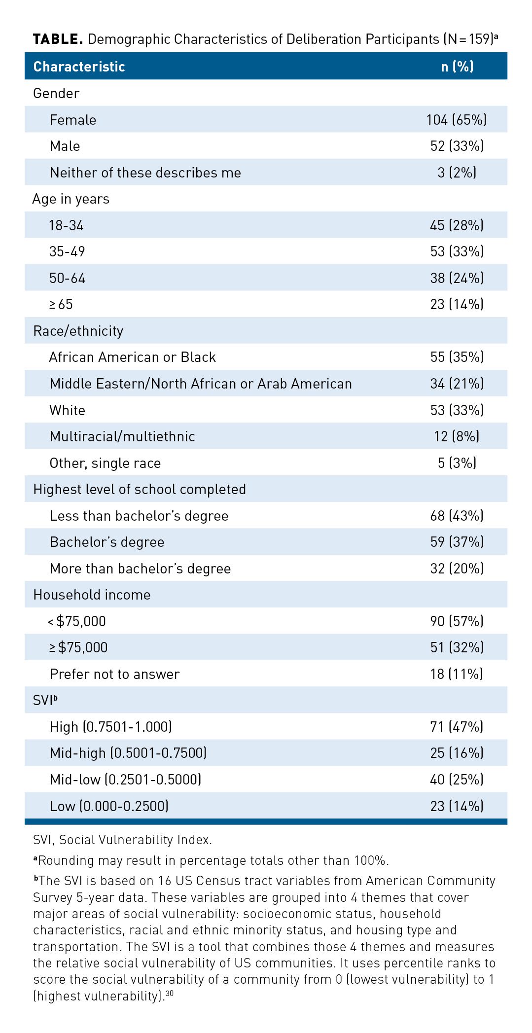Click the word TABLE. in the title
point(58,39)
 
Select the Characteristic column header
point(79,67)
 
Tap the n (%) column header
point(457,67)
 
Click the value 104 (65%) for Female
point(457,120)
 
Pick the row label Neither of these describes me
point(145,173)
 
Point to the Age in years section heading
point(71,199)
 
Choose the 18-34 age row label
point(67,225)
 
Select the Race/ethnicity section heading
point(78,331)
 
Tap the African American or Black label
point(133,357)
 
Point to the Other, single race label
point(105,463)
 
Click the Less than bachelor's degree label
point(139,516)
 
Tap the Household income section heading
point(92,595)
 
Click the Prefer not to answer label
point(114,674)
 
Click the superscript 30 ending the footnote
point(170,993)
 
